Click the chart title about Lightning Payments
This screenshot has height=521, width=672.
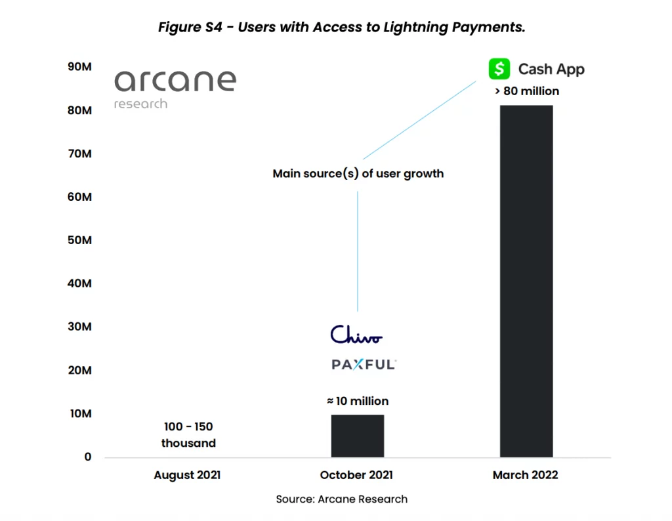[341, 28]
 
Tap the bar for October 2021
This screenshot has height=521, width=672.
[357, 436]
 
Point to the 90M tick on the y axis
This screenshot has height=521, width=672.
[79, 67]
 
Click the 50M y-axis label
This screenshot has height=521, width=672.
[79, 240]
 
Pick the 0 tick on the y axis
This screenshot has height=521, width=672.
[88, 457]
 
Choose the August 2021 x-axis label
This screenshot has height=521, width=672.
[187, 475]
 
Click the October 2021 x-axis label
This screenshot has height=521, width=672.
[356, 475]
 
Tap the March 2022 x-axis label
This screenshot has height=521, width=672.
[525, 475]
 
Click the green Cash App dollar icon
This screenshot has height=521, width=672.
[499, 69]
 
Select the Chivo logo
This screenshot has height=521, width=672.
[356, 335]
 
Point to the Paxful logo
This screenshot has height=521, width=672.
[364, 364]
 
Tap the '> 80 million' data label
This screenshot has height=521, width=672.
[526, 91]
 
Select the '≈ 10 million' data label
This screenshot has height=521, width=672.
[358, 401]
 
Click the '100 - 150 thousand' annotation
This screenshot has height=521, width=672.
[188, 435]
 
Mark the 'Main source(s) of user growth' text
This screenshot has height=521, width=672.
[358, 174]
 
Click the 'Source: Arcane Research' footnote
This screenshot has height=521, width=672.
[341, 499]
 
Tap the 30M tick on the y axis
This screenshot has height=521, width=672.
[79, 327]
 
